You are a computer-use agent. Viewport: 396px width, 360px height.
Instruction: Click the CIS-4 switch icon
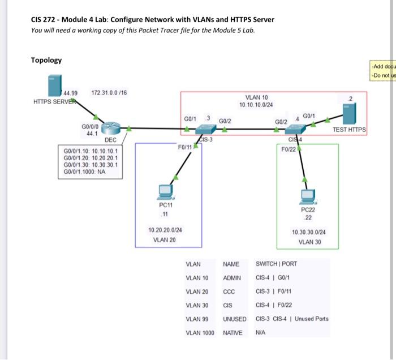(x=295, y=130)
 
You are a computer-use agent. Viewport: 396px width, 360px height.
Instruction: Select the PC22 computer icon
(x=308, y=196)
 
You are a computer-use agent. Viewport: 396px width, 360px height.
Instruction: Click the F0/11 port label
(x=184, y=147)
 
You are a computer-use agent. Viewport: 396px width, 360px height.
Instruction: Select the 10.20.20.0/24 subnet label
(x=165, y=230)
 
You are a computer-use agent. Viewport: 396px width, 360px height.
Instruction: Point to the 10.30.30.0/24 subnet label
(x=308, y=232)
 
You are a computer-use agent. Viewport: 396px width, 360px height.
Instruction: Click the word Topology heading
(x=46, y=60)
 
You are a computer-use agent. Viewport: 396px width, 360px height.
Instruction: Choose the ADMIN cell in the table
(x=232, y=278)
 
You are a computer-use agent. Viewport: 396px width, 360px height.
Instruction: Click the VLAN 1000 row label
(x=200, y=332)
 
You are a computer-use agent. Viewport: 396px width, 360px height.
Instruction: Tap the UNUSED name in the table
(x=235, y=319)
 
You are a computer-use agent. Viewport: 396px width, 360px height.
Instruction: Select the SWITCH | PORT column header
(x=276, y=264)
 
